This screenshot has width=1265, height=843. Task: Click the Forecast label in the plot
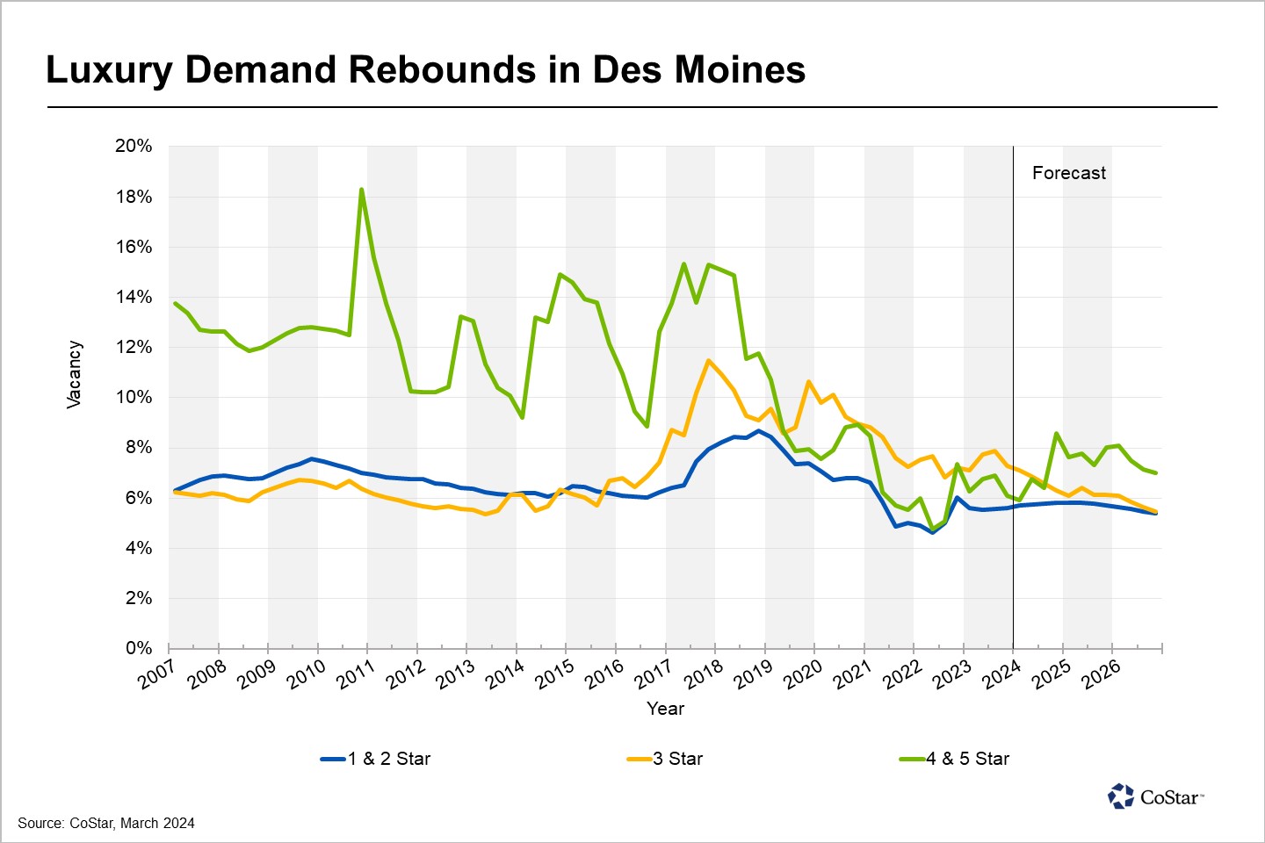[1068, 173]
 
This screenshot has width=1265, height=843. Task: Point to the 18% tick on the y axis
[134, 197]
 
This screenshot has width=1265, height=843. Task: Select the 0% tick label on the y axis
[139, 648]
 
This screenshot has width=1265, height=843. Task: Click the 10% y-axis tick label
[134, 397]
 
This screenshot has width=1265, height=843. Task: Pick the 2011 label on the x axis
[356, 675]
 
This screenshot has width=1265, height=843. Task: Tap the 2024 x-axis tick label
[1001, 675]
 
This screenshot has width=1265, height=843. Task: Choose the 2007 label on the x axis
[157, 675]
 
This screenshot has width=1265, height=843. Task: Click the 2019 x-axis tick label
[754, 675]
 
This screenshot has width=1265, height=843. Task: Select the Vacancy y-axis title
[74, 375]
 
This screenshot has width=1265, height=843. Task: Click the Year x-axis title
[665, 709]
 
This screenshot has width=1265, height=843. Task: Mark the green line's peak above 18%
[361, 190]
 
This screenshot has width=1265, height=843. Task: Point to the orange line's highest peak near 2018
[708, 361]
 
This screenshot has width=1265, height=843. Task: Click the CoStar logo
[1155, 796]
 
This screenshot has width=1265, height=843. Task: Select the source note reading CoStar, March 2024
[106, 824]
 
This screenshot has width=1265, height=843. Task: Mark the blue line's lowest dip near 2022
[932, 532]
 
